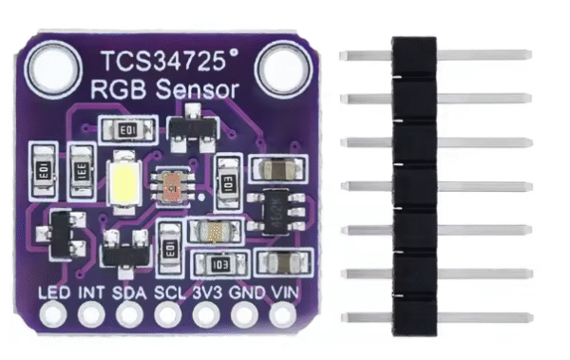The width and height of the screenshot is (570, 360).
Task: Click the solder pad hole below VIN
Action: click(283, 313)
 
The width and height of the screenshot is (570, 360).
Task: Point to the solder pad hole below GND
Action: click(245, 313)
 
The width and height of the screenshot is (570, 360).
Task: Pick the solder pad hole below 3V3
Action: click(206, 313)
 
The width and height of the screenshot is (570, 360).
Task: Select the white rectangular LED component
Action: click(124, 181)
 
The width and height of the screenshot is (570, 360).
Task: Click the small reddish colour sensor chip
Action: click(172, 186)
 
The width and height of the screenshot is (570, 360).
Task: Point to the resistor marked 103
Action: click(218, 262)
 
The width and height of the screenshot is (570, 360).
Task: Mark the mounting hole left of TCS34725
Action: click(50, 68)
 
